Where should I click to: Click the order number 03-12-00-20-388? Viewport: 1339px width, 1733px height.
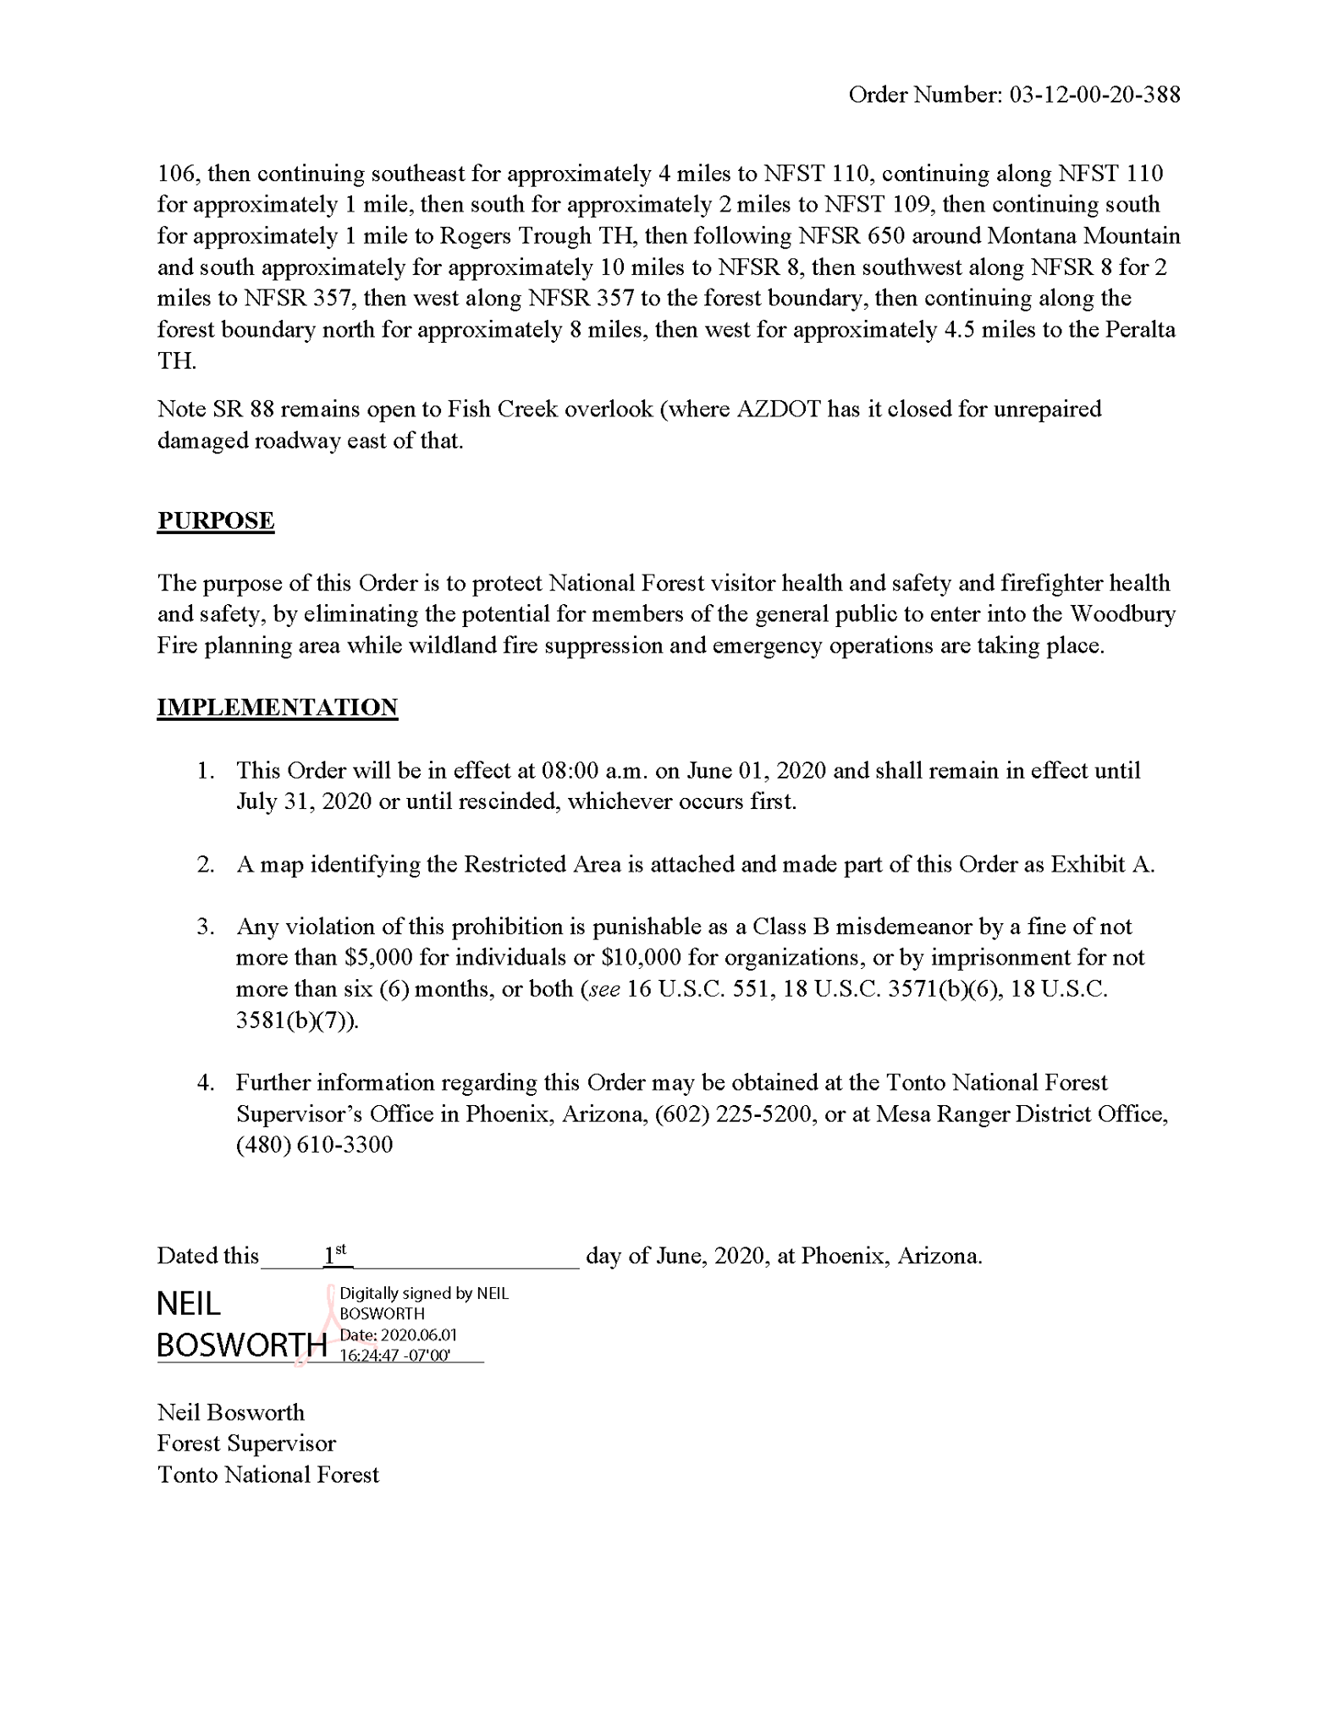(x=1094, y=95)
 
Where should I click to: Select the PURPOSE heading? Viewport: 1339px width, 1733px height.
(x=216, y=520)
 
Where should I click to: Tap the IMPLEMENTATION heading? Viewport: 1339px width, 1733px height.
(x=278, y=707)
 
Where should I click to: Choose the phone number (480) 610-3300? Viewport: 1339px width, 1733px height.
(x=314, y=1146)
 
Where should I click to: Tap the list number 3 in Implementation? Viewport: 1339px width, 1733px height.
(x=206, y=927)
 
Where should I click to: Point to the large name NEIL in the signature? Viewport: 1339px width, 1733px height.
(x=189, y=1304)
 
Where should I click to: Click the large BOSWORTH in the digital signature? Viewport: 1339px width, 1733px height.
(x=242, y=1345)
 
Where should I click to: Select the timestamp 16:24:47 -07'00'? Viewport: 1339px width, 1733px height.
(x=394, y=1355)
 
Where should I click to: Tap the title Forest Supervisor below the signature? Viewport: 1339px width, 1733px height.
(x=246, y=1444)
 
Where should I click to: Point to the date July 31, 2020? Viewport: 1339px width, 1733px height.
(x=304, y=801)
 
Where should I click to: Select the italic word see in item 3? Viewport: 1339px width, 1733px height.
(x=603, y=989)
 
